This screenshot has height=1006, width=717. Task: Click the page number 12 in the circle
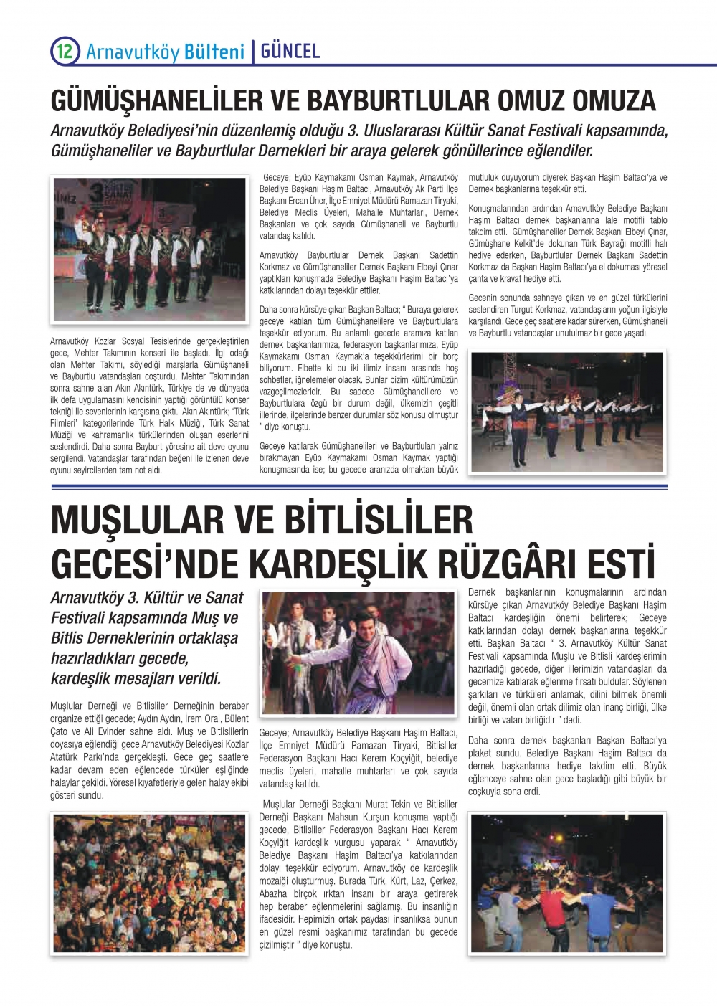64,51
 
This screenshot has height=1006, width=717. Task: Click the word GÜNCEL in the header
290,51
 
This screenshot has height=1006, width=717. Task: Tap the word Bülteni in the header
214,52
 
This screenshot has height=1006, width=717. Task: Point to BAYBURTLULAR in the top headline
399,100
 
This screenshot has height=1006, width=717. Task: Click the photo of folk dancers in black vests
151,249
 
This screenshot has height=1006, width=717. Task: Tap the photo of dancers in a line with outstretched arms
566,412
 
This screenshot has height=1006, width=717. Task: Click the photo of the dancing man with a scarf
358,653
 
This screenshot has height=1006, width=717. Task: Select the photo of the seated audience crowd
149,883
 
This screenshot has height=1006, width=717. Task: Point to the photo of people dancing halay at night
566,883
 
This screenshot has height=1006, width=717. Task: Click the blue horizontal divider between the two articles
358,488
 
